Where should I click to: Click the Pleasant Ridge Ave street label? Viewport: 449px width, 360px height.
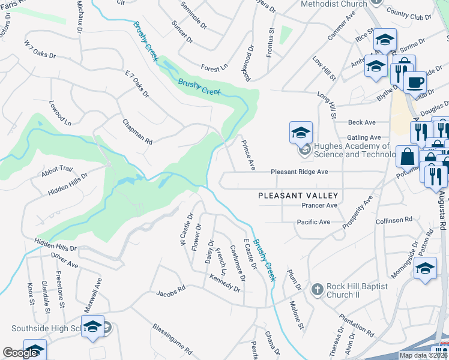[x=299, y=172]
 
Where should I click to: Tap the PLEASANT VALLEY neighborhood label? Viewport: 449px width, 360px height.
[x=298, y=196]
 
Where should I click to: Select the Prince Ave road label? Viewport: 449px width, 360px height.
[x=249, y=155]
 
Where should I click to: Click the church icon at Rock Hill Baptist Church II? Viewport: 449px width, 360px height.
[x=318, y=290]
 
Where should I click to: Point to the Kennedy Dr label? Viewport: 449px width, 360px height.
[x=224, y=284]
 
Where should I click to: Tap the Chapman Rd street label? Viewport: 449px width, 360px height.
[x=138, y=131]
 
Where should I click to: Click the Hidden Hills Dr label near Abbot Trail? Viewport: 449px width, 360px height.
[x=68, y=185]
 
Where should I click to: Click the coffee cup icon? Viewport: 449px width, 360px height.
[x=414, y=82]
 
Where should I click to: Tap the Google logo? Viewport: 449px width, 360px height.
[x=20, y=352]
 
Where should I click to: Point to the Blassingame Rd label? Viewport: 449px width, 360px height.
[x=172, y=339]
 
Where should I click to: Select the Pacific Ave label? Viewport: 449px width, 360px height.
[x=313, y=222]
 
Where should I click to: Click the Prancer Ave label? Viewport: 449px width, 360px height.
[x=319, y=206]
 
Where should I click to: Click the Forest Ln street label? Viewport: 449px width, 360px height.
[x=211, y=68]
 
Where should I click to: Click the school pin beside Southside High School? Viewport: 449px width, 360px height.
[x=92, y=327]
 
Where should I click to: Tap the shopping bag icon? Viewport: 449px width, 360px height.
[x=407, y=157]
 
